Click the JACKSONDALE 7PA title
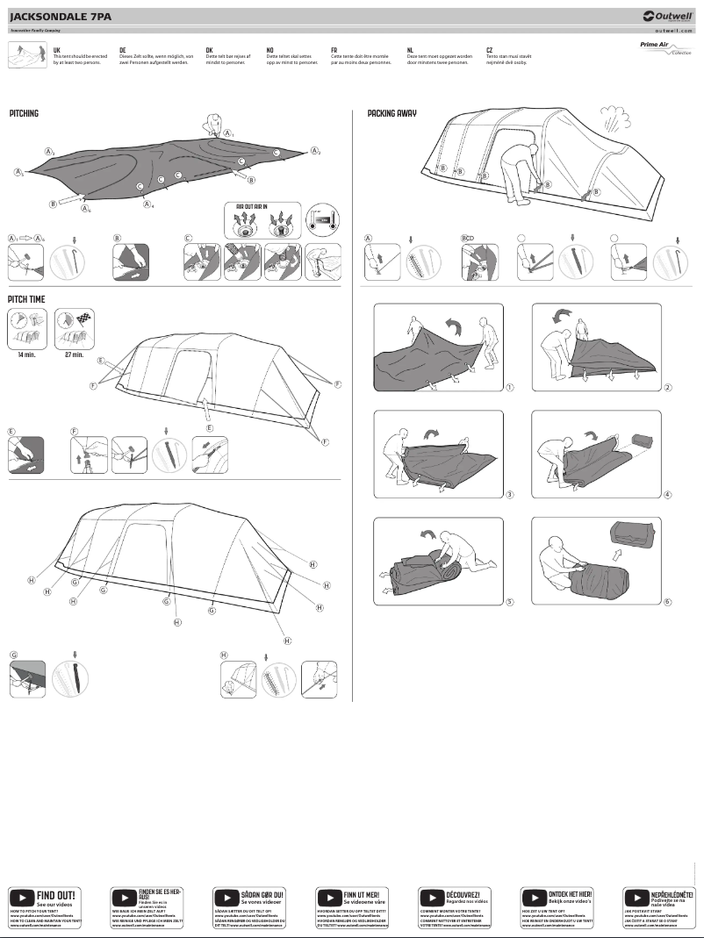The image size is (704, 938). coord(61,16)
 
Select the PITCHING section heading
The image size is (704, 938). coord(25,114)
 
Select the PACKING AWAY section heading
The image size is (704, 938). coord(392,114)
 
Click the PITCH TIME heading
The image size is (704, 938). coord(27,299)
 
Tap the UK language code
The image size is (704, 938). coord(57,51)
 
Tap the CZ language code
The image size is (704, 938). coord(489,51)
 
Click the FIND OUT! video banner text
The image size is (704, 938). coord(55,894)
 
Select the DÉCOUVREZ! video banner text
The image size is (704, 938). coord(467,894)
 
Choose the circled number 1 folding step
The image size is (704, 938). coord(510,387)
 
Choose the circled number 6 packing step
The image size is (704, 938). coord(668,602)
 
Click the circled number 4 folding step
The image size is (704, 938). coord(668,495)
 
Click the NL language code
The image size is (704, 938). coord(411,51)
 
